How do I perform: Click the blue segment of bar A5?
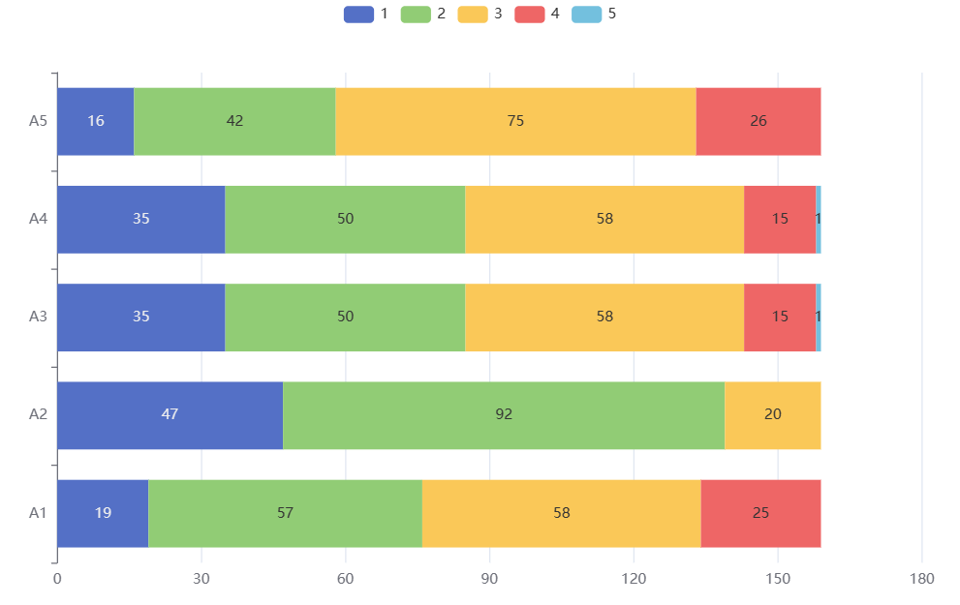[95, 121]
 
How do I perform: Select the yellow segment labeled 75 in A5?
[515, 121]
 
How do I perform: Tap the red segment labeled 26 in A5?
[759, 121]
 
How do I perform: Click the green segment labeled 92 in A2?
[504, 414]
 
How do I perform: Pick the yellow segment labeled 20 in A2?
[773, 414]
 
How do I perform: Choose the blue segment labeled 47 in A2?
[170, 414]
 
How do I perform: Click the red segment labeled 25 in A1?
[760, 513]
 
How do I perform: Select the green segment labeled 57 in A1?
[285, 513]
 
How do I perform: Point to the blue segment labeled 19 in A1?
[103, 513]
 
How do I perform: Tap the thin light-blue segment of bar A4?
[819, 219]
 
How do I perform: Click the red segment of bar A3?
[780, 317]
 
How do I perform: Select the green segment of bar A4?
[345, 219]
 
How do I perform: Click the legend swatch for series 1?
[358, 14]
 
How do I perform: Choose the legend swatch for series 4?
[528, 14]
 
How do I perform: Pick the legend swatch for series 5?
[585, 14]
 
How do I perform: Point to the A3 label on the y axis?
[38, 317]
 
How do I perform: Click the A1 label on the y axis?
[38, 513]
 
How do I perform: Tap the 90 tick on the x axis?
[489, 579]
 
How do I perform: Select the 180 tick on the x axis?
[921, 579]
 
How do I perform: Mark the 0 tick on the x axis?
[57, 579]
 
